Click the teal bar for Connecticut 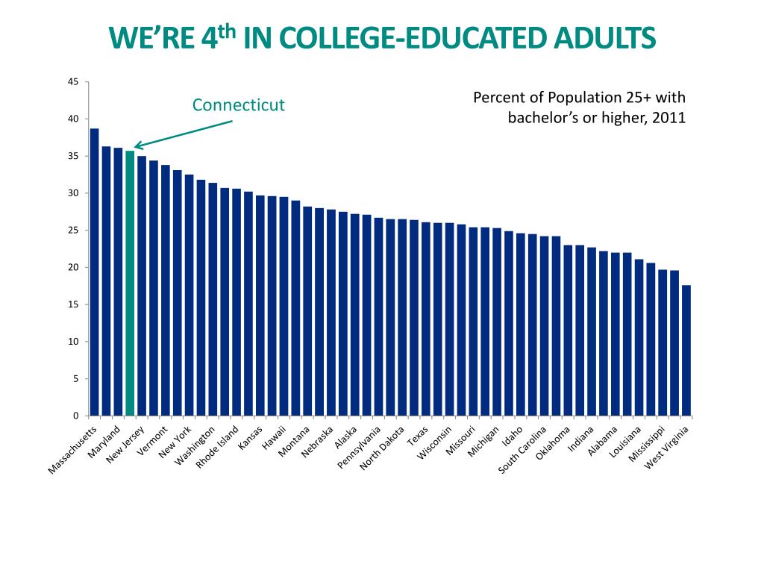click(x=130, y=284)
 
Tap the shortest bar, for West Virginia click(x=686, y=351)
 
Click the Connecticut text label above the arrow click(x=239, y=104)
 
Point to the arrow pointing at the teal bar click(x=183, y=134)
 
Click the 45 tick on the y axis click(x=73, y=82)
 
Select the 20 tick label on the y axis click(x=73, y=267)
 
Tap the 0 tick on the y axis click(x=76, y=416)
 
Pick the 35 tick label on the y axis click(x=73, y=156)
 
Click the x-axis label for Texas click(x=418, y=435)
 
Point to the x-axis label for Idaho click(x=513, y=436)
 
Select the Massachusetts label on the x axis click(x=73, y=450)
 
